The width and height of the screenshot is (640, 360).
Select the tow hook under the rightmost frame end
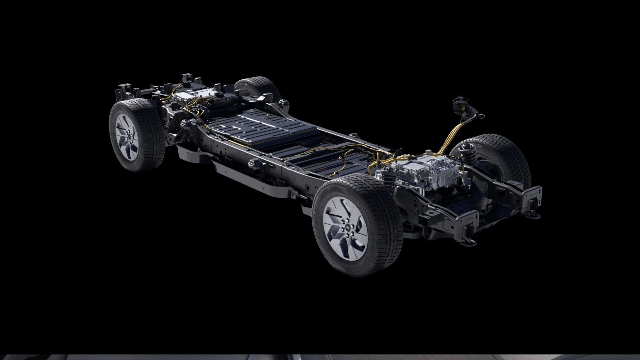pyautogui.click(x=533, y=214)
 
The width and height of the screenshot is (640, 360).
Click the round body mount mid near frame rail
pyautogui.click(x=253, y=164)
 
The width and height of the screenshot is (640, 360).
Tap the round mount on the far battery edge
pyautogui.click(x=354, y=136)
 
